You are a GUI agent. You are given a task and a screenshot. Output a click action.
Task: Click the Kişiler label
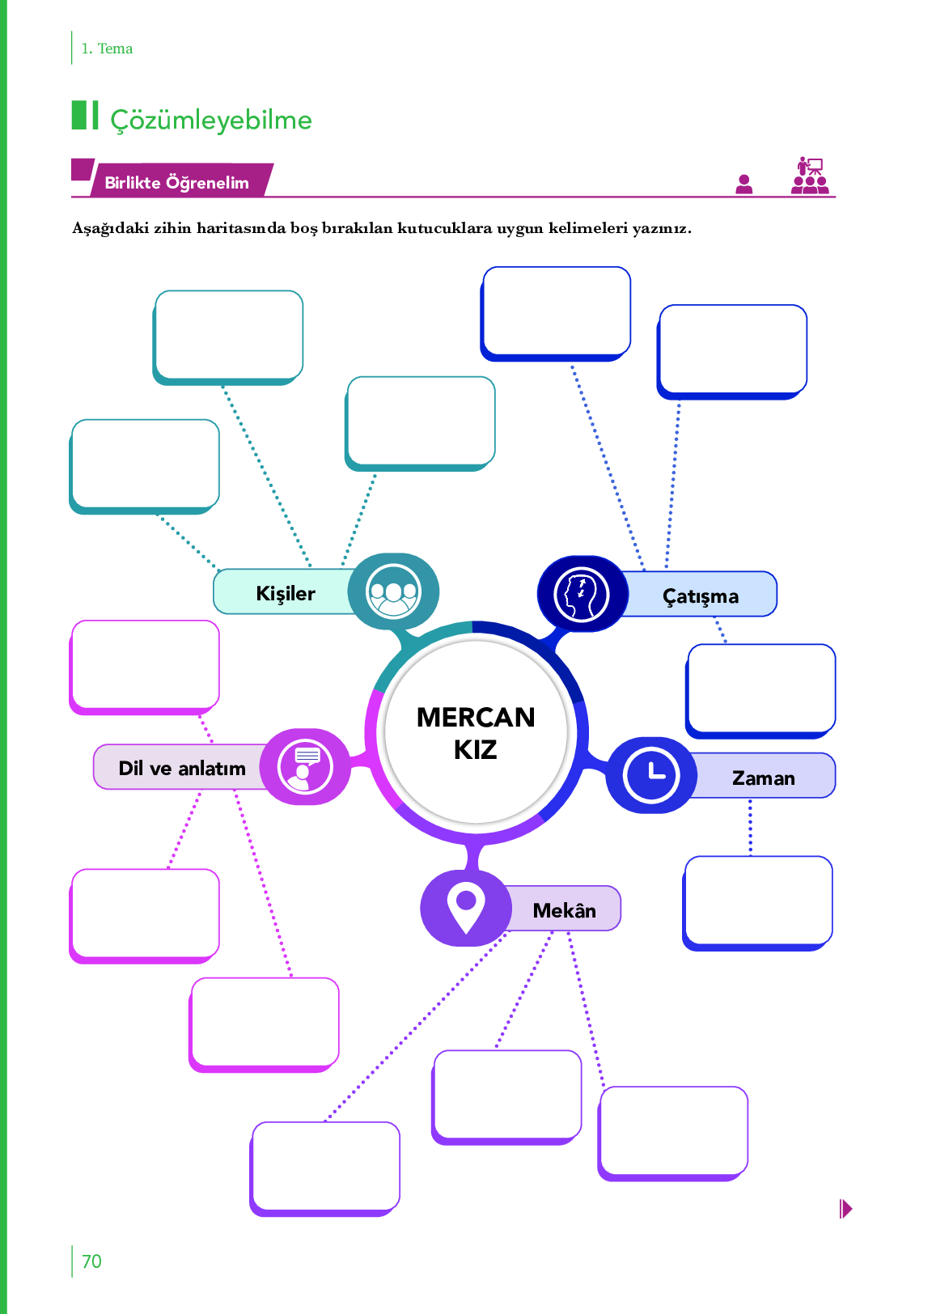(285, 593)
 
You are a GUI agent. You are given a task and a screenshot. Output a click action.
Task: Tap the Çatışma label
(701, 596)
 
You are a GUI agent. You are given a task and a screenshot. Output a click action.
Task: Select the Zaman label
(763, 778)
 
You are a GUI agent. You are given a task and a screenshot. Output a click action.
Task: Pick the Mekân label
(564, 909)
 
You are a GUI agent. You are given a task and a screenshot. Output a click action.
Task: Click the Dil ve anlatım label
(182, 768)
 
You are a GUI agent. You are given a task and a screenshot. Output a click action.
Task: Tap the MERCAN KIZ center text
(476, 733)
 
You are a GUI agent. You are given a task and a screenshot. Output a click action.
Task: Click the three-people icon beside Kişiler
(393, 591)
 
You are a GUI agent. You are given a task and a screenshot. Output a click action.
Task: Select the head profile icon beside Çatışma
(581, 594)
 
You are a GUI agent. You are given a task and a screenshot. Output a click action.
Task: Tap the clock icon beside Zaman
(651, 775)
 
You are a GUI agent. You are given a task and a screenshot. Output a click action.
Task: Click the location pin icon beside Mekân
(466, 907)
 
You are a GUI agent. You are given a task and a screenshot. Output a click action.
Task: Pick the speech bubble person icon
(305, 767)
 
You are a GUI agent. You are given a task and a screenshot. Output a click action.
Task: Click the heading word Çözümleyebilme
(211, 121)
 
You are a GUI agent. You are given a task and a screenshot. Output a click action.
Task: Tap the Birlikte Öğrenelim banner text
(176, 182)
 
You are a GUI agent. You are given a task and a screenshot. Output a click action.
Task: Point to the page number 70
(91, 1261)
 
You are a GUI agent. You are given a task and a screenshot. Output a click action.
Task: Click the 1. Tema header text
(107, 49)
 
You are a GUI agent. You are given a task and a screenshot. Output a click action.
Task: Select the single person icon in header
(743, 184)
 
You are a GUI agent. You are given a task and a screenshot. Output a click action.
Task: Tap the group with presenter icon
(810, 176)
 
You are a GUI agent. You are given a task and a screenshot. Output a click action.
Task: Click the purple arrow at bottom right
(845, 1209)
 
